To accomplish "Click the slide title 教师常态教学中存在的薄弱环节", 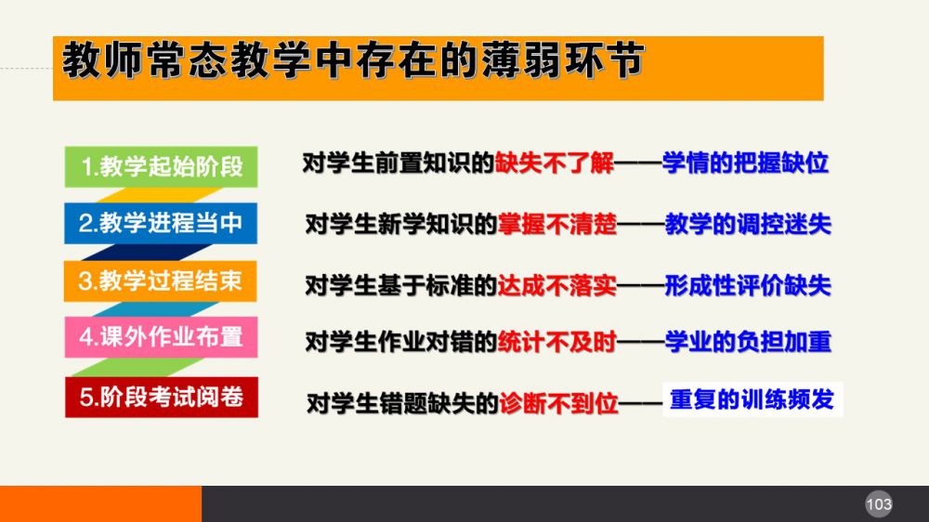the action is tap(353, 59).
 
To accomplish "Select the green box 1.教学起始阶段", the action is tap(161, 166).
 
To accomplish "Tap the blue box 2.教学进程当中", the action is tap(161, 223).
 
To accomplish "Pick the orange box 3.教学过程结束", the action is tap(161, 281).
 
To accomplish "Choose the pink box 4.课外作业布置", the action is tap(161, 337).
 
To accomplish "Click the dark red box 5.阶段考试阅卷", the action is tap(162, 397).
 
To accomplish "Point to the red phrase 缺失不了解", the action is tap(555, 163).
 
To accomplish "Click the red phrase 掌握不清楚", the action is tap(557, 224).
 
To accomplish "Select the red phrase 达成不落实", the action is tap(557, 285).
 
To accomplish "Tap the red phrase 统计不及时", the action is tap(557, 342).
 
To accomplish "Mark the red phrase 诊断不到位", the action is tap(558, 403).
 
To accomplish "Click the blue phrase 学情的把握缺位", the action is tap(745, 163).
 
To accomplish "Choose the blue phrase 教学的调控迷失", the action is tap(748, 224).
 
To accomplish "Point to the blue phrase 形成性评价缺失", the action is tap(748, 285).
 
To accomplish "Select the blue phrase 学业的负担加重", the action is tap(748, 342).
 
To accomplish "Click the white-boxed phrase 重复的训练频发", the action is tap(752, 400).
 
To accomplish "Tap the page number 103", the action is tap(879, 504).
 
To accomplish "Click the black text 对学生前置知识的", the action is tap(399, 163).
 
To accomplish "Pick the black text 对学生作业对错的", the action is tap(401, 342).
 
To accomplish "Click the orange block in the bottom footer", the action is tap(100, 504).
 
